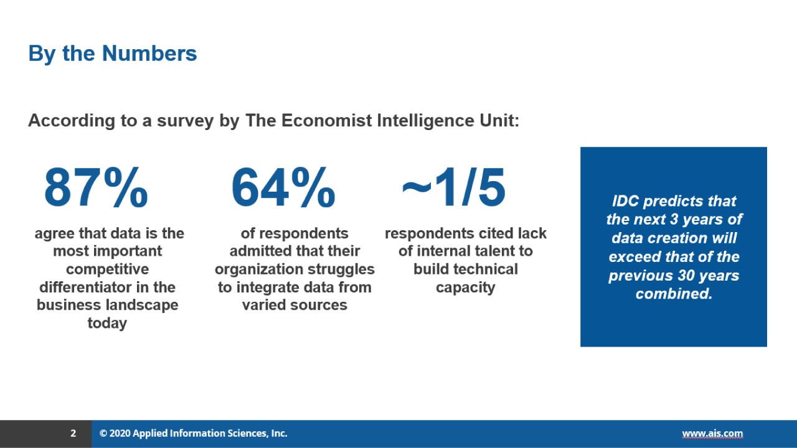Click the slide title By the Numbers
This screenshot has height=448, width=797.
click(x=113, y=54)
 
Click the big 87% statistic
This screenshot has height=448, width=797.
click(x=96, y=189)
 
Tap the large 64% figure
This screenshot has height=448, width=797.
click(x=283, y=189)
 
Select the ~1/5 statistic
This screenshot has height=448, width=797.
click(x=454, y=189)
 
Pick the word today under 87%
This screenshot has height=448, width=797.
click(x=107, y=324)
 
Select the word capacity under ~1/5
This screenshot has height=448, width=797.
click(x=465, y=287)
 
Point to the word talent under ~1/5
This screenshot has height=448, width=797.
click(x=483, y=251)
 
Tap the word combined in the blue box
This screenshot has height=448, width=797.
click(x=674, y=294)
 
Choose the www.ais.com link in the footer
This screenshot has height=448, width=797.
click(x=712, y=434)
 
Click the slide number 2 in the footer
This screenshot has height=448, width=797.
click(x=73, y=434)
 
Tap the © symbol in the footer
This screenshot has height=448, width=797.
click(x=103, y=434)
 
